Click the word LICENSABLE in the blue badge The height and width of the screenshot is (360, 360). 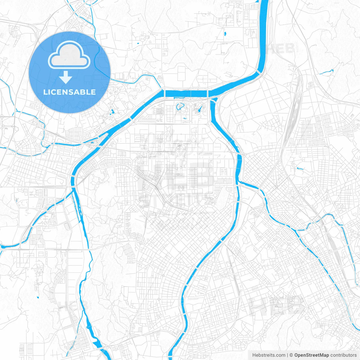click(x=69, y=92)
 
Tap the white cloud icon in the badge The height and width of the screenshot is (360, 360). click(x=69, y=55)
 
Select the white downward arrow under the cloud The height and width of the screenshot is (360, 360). click(x=66, y=77)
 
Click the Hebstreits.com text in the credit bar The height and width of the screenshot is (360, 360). click(x=269, y=355)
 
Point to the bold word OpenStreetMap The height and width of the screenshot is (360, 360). click(x=312, y=355)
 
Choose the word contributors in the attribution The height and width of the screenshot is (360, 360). click(x=343, y=355)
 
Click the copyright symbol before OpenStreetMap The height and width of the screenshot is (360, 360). click(x=291, y=355)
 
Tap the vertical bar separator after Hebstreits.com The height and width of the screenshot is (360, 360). click(x=287, y=355)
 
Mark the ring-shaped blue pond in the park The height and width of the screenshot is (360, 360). click(x=180, y=107)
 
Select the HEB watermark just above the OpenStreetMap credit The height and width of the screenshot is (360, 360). click(x=277, y=305)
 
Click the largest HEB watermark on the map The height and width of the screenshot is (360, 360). click(x=176, y=177)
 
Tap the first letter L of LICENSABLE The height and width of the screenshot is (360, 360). click(x=45, y=92)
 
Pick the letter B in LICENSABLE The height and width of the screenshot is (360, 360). click(x=84, y=92)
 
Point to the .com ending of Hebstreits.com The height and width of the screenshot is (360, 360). click(x=280, y=355)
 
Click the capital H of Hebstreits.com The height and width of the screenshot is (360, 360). click(x=254, y=355)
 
